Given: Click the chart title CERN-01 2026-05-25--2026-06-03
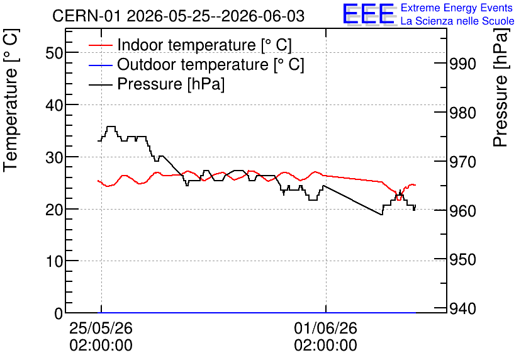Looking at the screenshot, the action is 179,16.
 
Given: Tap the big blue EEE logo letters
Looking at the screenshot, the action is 368,14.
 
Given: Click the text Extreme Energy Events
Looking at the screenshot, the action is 457,8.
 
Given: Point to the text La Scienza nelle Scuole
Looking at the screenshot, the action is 457,21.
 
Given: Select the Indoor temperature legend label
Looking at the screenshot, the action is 204,45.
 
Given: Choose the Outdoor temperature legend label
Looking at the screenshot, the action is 211,64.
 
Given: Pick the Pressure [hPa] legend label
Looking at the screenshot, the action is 171,84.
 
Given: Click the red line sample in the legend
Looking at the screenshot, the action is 100,45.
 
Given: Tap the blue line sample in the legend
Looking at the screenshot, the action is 100,65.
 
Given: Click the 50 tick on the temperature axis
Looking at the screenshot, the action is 54,53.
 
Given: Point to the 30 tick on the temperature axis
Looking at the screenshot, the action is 54,157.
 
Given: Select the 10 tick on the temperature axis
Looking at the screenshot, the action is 54,261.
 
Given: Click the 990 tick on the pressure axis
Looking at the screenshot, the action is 462,64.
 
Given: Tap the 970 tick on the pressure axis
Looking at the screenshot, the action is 462,162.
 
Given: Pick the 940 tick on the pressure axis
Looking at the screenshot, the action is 462,308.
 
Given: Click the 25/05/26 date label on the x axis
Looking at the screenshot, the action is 101,328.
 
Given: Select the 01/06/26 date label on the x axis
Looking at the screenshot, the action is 326,328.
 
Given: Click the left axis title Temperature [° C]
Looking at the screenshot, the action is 11,100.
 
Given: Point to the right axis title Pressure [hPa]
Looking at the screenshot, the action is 501,88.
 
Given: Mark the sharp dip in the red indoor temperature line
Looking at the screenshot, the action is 398,200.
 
